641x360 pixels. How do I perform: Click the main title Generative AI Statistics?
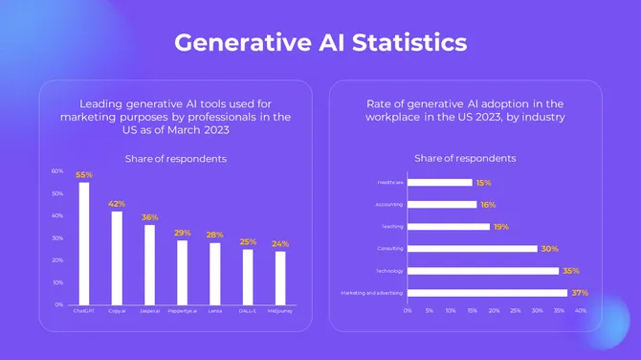coord(320,43)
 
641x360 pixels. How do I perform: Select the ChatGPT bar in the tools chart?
coord(84,243)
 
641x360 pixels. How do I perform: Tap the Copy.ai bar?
coord(117,258)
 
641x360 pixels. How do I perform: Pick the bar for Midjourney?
coord(280,278)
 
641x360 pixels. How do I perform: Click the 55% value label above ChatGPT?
coord(84,175)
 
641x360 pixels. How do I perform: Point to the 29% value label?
coord(183,233)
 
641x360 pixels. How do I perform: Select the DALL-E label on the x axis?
coord(248,311)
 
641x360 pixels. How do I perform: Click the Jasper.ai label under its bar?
coord(149,311)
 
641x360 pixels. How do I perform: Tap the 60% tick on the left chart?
coord(57,171)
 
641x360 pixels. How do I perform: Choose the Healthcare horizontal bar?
coord(440,182)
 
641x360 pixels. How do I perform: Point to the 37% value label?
coord(580,293)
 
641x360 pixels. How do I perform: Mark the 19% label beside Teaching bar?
coord(501,227)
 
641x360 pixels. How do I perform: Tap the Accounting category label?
coord(389,204)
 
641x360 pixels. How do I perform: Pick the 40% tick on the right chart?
coord(581,311)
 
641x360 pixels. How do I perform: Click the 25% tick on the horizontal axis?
coord(516,311)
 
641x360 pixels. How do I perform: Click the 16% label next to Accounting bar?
coord(489,205)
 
